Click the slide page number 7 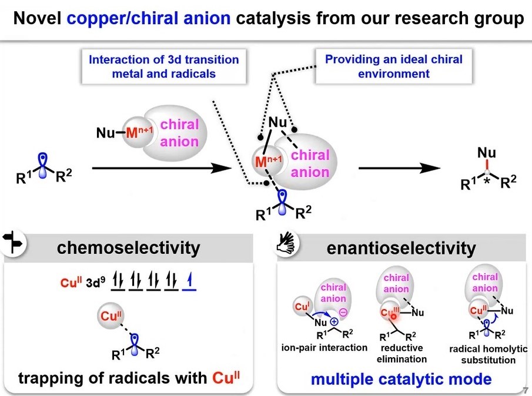point(524,390)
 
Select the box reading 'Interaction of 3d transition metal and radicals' point(163,66)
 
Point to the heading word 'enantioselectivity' point(401,248)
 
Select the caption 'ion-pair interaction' point(324,347)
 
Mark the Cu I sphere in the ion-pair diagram point(302,307)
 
